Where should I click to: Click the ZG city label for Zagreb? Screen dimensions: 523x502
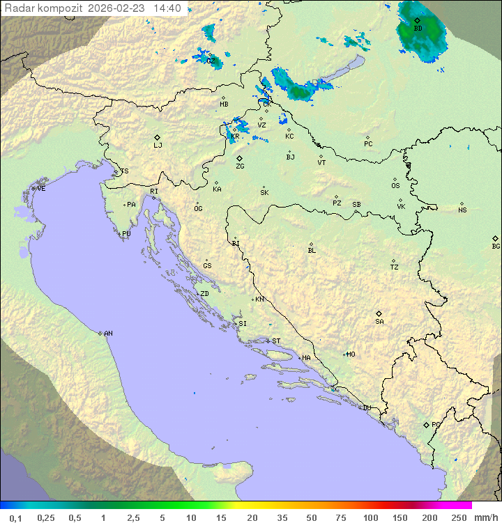tap(240, 166)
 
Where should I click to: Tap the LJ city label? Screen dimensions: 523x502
tap(158, 146)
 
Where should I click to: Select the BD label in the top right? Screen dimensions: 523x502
tap(418, 29)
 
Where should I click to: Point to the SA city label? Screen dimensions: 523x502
tap(379, 322)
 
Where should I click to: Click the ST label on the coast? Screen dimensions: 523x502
tap(276, 341)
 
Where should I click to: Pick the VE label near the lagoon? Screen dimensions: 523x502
tap(41, 189)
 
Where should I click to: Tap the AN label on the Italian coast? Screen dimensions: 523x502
tap(108, 334)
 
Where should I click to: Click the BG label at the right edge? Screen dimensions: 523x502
tap(496, 247)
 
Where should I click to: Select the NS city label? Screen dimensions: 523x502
tap(462, 210)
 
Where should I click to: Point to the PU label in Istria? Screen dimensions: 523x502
tap(126, 234)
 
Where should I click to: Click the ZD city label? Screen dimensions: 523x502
tap(204, 294)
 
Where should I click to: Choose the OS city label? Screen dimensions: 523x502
tap(395, 186)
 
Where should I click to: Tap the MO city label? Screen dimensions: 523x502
tap(351, 354)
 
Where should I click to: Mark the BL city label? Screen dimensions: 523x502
tap(312, 250)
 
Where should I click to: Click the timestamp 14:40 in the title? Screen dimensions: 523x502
tap(167, 8)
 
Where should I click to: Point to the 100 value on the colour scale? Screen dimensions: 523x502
tap(370, 517)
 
